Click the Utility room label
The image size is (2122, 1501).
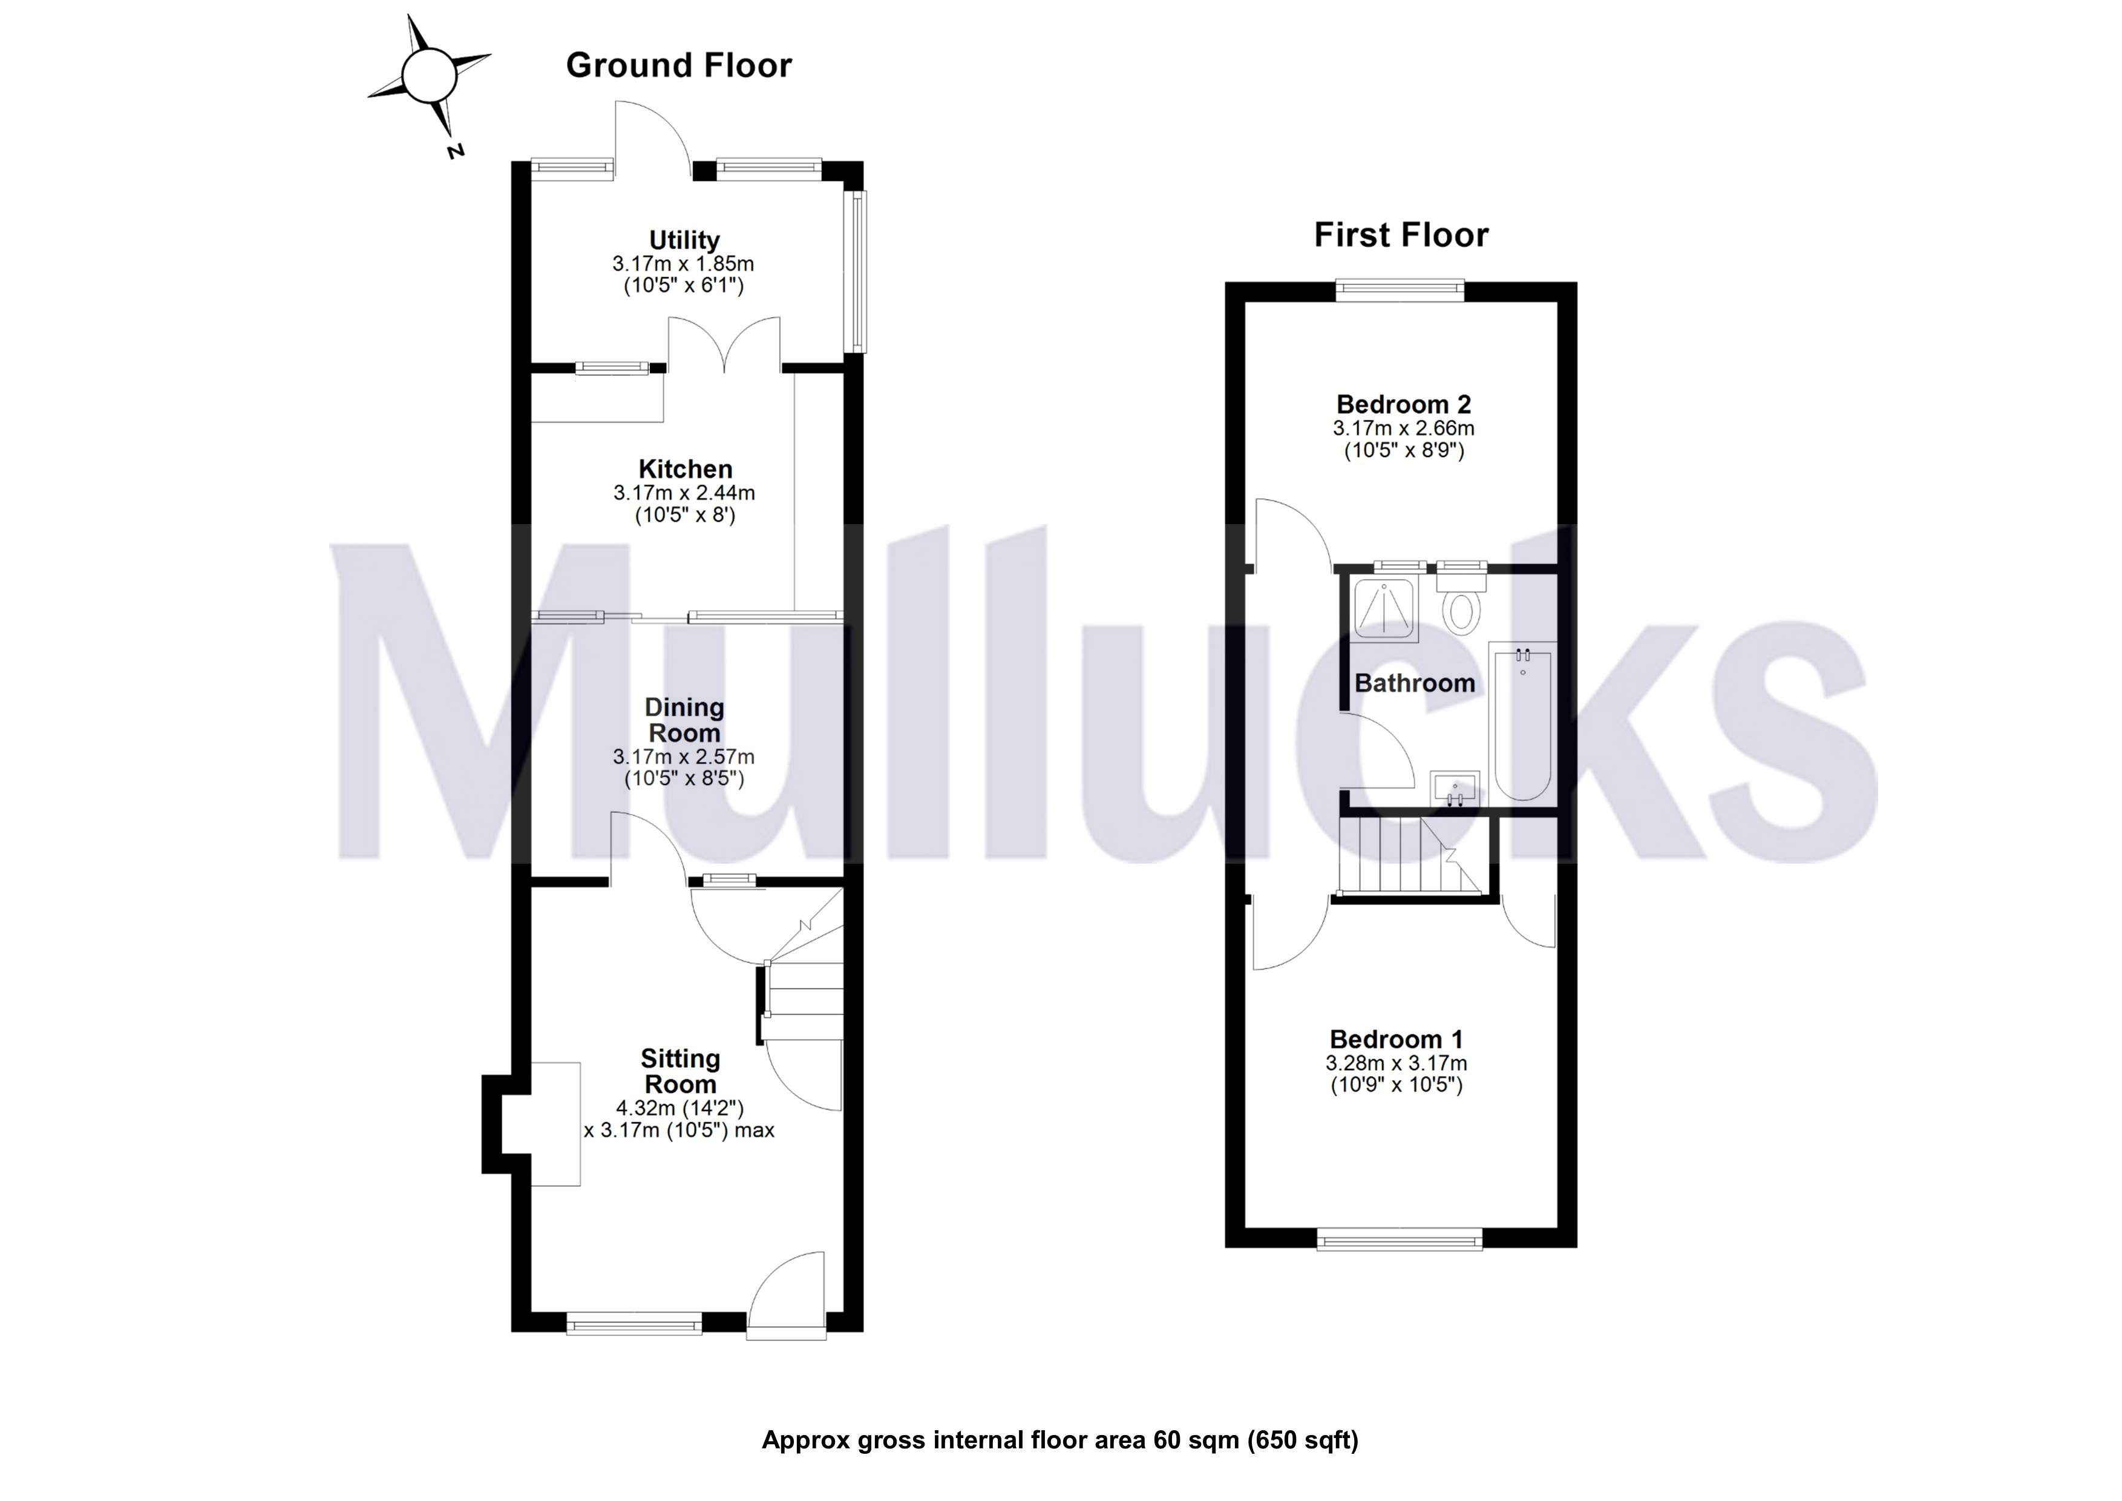[684, 240]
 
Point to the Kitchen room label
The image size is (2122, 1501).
[685, 470]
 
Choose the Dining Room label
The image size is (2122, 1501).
[684, 720]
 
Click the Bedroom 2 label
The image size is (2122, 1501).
[1403, 405]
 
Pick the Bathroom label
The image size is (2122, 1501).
[1414, 684]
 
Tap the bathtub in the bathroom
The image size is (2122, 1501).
[1523, 721]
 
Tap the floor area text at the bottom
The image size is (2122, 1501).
[1059, 1440]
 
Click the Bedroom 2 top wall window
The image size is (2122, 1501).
[1400, 291]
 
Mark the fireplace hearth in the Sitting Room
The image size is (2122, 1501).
[555, 1124]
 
